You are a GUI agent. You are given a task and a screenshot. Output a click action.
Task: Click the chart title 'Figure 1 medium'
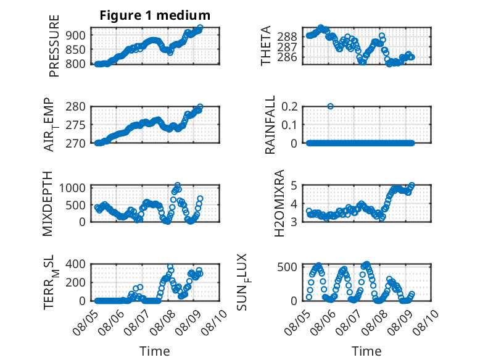pos(155,15)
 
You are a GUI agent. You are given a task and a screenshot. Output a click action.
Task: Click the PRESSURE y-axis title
pos(54,46)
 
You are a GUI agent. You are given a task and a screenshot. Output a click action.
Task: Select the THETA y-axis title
pos(266,46)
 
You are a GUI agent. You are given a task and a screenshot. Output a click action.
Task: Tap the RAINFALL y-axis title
pos(270,125)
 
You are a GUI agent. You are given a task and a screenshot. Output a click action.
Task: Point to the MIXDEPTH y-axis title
pos(48,204)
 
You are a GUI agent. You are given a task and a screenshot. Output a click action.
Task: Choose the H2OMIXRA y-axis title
pos(279,203)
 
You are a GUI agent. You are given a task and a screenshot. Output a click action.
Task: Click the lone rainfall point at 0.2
pos(330,106)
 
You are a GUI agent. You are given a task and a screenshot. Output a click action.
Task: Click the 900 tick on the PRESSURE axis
pos(76,35)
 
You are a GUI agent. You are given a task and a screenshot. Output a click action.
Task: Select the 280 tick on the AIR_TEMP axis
pos(76,107)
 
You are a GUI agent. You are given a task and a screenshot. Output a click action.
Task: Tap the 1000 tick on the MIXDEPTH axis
pos(72,188)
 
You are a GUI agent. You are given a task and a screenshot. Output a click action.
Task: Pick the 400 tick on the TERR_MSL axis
pos(76,264)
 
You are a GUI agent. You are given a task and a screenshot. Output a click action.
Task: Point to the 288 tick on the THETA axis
pos(287,37)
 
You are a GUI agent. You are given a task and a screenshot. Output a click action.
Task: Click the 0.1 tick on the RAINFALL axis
pos(289,125)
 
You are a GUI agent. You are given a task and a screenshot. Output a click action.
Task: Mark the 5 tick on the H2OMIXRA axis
pos(294,185)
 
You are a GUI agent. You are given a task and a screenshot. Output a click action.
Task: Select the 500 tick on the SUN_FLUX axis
pos(287,267)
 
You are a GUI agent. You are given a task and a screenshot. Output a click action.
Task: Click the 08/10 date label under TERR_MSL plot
pos(214,322)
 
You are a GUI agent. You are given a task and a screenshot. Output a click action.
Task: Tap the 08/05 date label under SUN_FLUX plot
pos(296,322)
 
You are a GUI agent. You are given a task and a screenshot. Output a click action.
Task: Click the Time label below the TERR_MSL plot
pos(155,351)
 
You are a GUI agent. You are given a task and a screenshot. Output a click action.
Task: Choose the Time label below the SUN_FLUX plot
pos(366,351)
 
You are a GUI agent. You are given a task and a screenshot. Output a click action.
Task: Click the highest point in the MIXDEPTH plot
pos(178,185)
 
